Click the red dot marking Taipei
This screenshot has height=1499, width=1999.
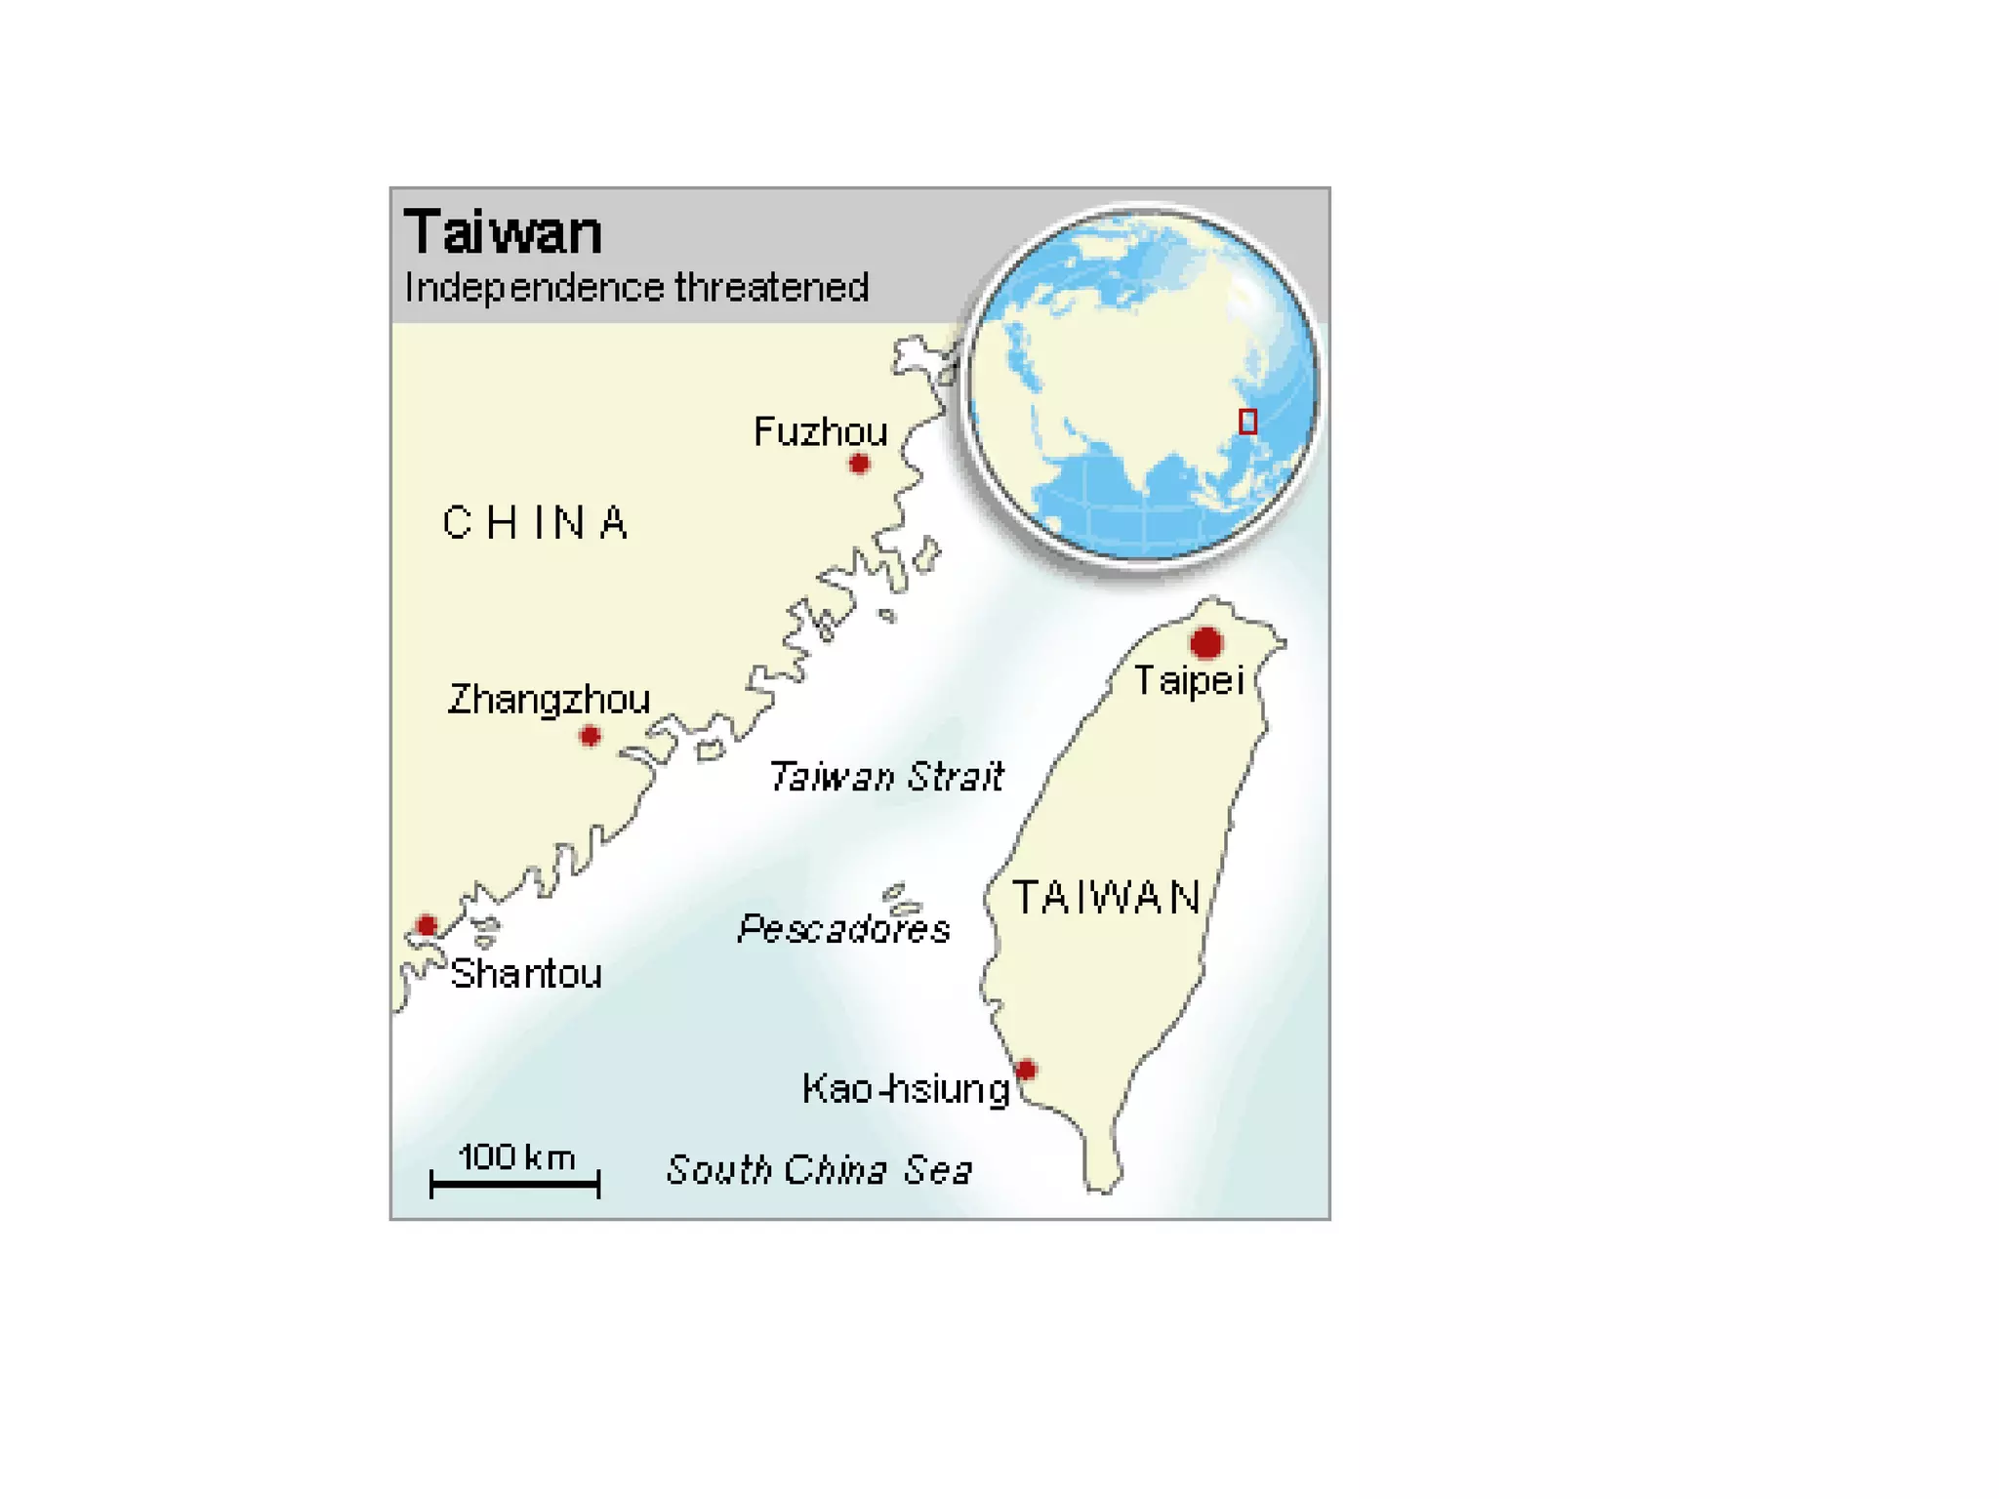1206,643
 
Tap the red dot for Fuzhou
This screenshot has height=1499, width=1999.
859,464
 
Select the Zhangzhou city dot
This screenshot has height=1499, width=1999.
590,735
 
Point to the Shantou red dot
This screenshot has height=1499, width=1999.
427,924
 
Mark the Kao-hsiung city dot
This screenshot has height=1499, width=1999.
1026,1070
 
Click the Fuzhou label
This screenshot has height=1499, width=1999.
820,431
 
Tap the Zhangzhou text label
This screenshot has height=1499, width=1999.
549,700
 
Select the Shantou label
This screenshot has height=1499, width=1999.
526,974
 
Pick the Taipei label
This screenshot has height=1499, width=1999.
1189,680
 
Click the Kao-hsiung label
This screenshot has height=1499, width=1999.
905,1088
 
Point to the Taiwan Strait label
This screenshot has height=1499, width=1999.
886,777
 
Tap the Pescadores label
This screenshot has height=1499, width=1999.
843,928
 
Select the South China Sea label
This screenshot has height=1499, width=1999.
819,1169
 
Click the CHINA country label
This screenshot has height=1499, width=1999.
535,523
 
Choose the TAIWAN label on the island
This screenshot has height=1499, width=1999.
1106,897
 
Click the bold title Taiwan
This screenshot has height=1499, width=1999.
503,232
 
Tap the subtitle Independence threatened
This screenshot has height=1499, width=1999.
636,288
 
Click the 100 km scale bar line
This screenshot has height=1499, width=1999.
514,1184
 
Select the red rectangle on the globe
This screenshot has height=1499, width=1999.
1247,422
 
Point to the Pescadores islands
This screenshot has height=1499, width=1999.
900,898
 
